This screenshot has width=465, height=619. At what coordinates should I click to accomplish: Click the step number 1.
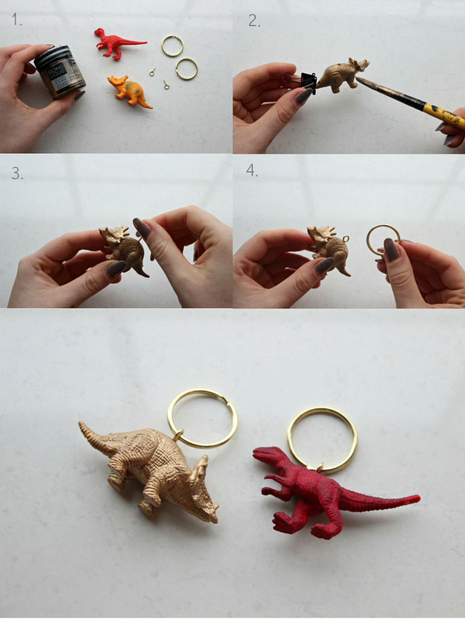[x=17, y=20]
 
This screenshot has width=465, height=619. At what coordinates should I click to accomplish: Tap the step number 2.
[x=254, y=21]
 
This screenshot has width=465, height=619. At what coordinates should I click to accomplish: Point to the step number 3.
[x=17, y=173]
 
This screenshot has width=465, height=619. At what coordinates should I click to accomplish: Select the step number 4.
[x=252, y=171]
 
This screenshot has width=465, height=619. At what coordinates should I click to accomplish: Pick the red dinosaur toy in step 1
[x=117, y=42]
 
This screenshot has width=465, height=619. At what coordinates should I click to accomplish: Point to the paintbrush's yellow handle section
[x=443, y=114]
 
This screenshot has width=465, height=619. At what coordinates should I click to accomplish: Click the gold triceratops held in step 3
[x=123, y=246]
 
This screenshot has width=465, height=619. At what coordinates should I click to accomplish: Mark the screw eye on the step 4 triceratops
[x=346, y=239]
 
